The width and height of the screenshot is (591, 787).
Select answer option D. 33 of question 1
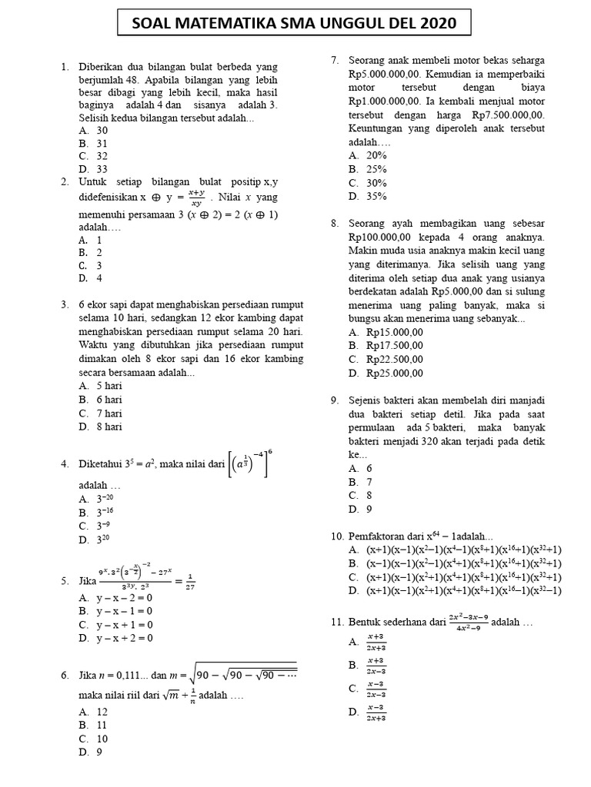(93, 169)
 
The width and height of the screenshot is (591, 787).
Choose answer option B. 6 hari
(100, 400)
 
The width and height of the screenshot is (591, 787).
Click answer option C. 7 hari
(100, 413)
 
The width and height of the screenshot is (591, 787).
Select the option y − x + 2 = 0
(115, 638)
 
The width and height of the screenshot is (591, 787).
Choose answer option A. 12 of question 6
(93, 712)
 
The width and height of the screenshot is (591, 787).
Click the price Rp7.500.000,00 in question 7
(509, 115)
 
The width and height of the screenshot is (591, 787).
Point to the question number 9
(336, 400)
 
